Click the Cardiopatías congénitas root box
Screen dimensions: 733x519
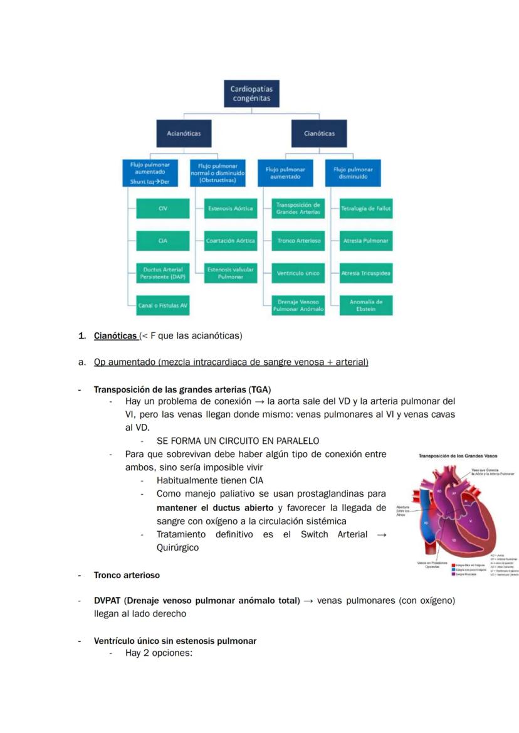point(251,93)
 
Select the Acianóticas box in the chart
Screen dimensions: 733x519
point(183,133)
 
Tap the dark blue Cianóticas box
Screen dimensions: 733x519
point(319,133)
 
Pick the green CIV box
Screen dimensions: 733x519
point(162,208)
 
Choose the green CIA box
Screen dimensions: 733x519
point(162,241)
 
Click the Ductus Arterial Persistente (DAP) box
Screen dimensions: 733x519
point(162,273)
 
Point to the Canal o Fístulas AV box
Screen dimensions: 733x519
point(162,305)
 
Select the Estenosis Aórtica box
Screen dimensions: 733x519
point(231,208)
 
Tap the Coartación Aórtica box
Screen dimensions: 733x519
point(231,241)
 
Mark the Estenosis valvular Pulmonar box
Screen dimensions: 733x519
point(231,273)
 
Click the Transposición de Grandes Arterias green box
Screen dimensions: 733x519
point(298,208)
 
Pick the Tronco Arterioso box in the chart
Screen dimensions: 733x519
point(298,241)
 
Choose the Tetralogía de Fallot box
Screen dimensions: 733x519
point(366,208)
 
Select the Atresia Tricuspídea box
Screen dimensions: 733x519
point(366,273)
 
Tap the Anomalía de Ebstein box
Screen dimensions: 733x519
point(366,305)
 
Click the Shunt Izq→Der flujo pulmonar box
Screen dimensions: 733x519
point(149,172)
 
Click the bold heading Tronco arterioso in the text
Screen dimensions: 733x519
point(127,575)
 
